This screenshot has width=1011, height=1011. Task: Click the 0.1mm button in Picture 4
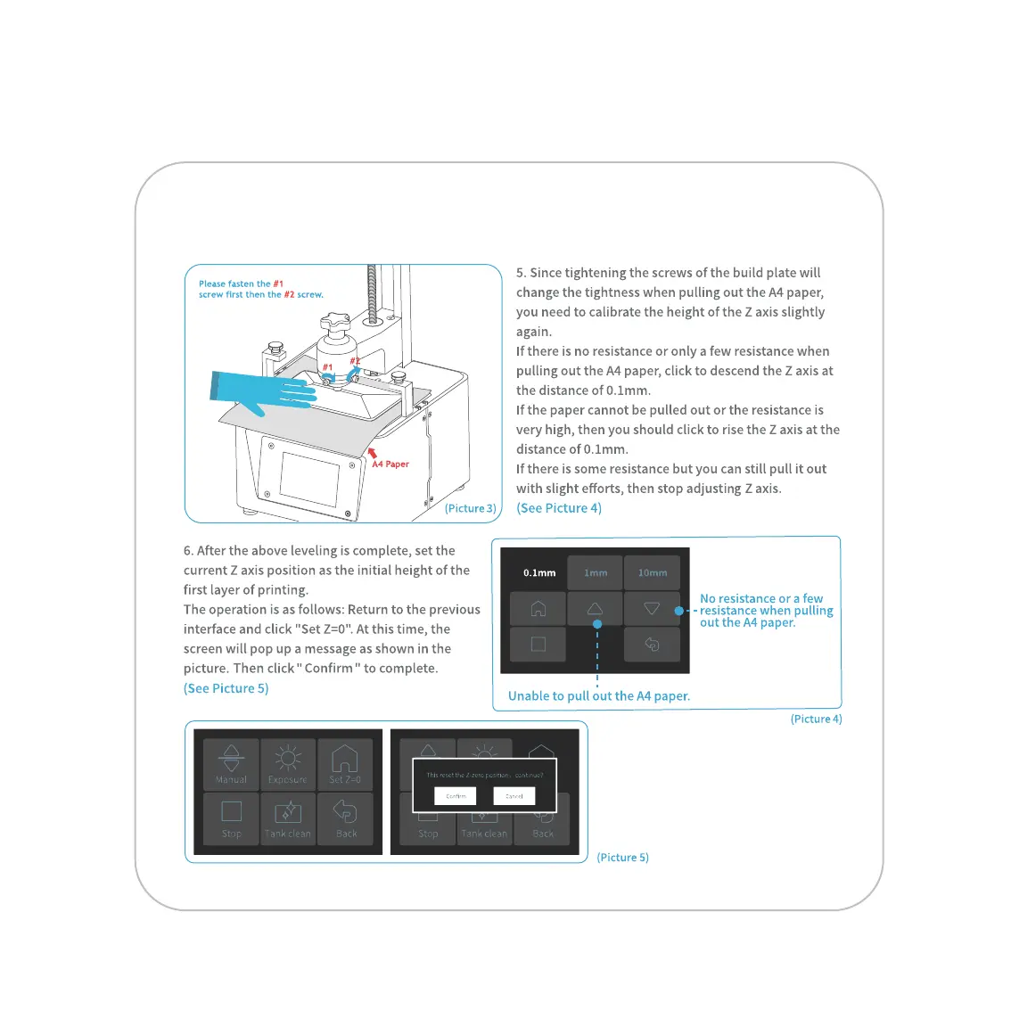[539, 572]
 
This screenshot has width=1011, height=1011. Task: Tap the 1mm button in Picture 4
[596, 572]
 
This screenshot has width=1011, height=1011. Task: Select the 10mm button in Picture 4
[652, 572]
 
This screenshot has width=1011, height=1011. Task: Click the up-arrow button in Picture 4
[596, 609]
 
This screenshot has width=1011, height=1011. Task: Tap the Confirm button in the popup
[456, 795]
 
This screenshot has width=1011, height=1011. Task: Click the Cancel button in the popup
[514, 795]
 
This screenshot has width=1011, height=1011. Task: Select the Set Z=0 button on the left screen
[345, 765]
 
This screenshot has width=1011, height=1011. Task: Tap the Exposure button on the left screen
[288, 765]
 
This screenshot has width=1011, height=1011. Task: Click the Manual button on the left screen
[231, 765]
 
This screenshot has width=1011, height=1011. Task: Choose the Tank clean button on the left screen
[288, 818]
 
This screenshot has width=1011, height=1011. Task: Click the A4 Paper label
[390, 464]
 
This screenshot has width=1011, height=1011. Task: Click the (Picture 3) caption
[471, 508]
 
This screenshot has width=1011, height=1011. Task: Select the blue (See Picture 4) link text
[559, 508]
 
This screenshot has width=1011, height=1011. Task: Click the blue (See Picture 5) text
[226, 688]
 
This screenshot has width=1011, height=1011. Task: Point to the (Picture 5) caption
[623, 858]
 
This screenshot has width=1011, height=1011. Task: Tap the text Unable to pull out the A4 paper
[599, 696]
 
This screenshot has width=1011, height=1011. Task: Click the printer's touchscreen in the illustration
[308, 478]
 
